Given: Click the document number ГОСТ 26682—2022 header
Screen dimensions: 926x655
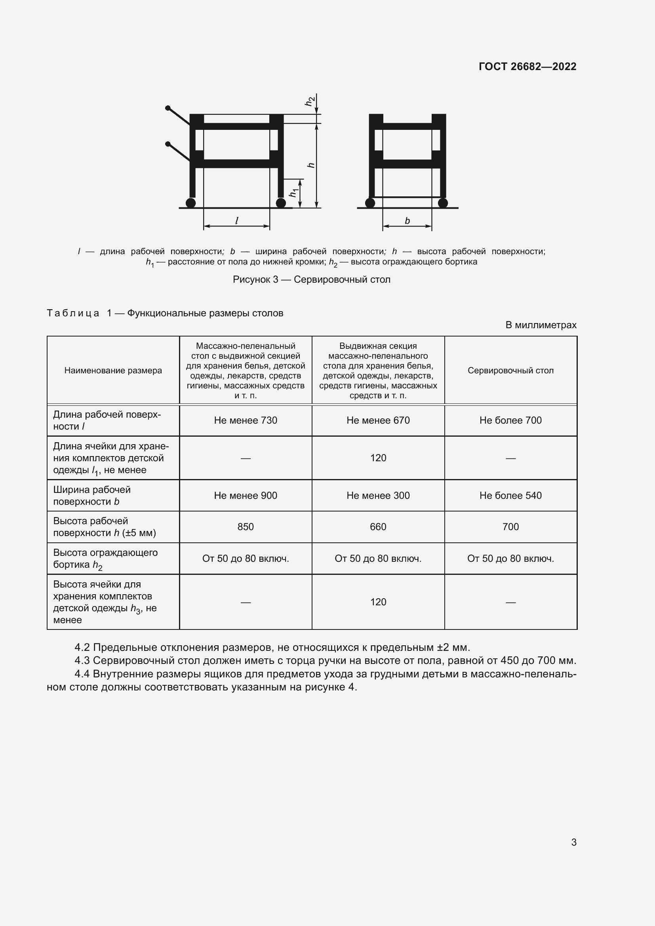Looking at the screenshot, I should tap(527, 67).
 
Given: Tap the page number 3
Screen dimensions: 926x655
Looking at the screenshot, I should tap(573, 842).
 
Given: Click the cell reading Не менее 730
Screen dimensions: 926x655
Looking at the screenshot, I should tap(245, 420).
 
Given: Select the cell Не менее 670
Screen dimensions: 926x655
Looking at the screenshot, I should tap(378, 420).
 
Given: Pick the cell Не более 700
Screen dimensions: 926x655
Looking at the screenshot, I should tap(510, 420).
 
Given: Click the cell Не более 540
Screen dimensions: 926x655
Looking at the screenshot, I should tap(510, 495).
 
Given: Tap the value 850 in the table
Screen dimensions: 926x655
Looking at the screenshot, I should tap(245, 527).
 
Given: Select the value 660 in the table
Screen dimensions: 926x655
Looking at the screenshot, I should tap(378, 527).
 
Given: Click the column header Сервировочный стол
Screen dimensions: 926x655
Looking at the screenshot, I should tap(510, 370).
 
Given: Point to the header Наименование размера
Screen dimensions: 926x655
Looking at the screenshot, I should tap(113, 370).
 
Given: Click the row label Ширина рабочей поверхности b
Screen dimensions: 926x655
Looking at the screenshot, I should tap(92, 495).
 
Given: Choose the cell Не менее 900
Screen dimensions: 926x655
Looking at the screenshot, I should tap(245, 495).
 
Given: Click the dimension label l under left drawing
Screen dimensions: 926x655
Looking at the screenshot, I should tap(237, 221).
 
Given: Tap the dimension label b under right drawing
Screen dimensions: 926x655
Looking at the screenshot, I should tap(407, 221).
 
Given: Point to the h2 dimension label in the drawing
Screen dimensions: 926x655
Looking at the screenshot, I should tap(309, 101).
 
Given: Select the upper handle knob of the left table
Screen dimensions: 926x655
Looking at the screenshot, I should tap(168, 108).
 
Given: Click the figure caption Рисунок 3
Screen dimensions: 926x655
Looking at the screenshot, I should tap(311, 280).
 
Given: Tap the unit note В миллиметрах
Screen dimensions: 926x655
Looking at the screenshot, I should tap(541, 325).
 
